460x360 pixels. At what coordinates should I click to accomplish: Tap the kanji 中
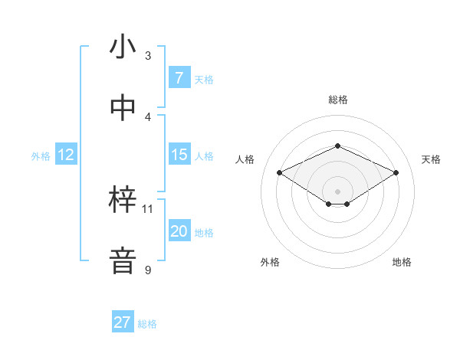(x=122, y=107)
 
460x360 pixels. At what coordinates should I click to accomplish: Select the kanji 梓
(x=122, y=200)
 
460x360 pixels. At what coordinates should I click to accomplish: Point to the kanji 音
(x=122, y=260)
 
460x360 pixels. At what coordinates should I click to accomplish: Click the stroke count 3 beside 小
(x=148, y=56)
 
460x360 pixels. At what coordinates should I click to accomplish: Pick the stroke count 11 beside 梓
(x=148, y=208)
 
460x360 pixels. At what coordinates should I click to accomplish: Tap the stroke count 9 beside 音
(x=148, y=270)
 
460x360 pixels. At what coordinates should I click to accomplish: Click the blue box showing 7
(x=179, y=78)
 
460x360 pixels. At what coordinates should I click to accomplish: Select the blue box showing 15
(x=179, y=155)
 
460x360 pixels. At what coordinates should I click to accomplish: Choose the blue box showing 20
(x=179, y=231)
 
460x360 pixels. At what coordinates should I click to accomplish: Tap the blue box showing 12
(x=65, y=155)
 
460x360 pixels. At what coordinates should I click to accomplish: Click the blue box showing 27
(x=122, y=322)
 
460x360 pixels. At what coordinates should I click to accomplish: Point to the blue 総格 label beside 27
(x=147, y=324)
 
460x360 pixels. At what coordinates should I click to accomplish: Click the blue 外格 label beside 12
(x=41, y=156)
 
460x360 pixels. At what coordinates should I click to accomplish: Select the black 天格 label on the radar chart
(x=431, y=159)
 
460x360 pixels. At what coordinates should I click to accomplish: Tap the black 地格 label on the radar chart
(x=402, y=262)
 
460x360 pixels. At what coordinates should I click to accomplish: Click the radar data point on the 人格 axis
(x=279, y=172)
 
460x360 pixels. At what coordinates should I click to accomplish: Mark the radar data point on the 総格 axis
(x=337, y=146)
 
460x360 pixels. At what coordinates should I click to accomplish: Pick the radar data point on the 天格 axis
(x=396, y=172)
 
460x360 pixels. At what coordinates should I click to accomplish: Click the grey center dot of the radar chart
(x=337, y=191)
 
